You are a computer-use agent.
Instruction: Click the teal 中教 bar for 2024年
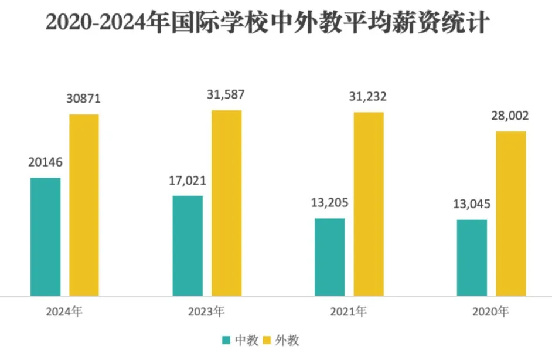coord(46,236)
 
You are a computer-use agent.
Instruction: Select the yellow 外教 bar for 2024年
coord(84,205)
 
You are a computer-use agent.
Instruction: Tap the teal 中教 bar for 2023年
coord(188,246)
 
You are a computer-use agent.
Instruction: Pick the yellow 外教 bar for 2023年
coord(226,203)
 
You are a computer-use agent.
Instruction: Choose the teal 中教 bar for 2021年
coord(329,257)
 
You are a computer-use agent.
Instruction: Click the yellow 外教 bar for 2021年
coord(368,203)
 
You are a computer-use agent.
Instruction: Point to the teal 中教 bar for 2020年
coord(472,257)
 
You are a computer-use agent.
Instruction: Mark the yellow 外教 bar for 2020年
coord(510,213)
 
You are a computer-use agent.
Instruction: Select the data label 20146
coord(46,162)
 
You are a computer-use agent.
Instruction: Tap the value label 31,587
coord(226,94)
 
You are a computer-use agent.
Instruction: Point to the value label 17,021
coord(188,181)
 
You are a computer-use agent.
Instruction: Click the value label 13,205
coord(330,203)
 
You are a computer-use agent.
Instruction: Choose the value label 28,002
coord(510,116)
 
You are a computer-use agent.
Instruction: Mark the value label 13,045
coord(472,205)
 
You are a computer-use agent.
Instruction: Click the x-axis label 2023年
coord(206,312)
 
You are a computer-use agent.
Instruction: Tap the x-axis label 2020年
coord(490,312)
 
